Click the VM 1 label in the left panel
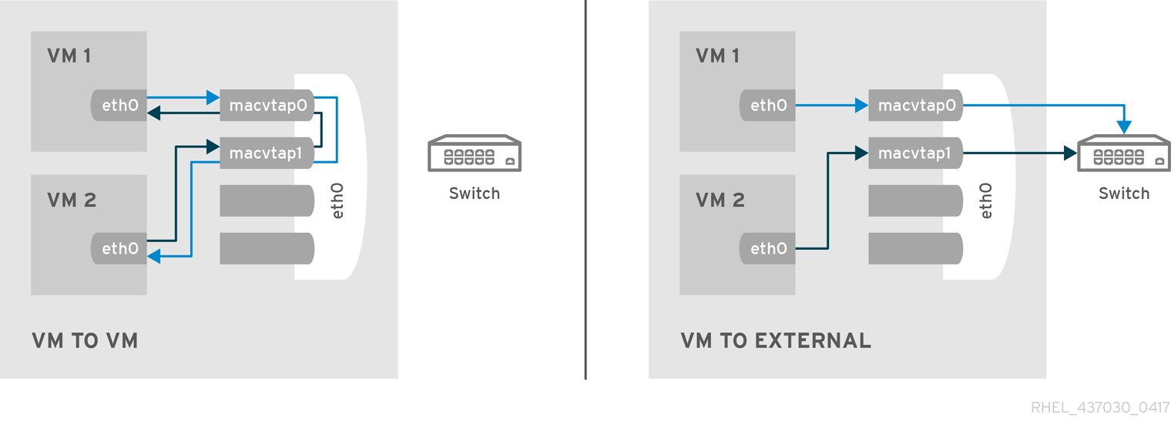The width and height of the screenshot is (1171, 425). click(69, 56)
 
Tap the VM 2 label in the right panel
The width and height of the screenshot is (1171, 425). click(720, 201)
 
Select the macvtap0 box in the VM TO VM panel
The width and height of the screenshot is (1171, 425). click(267, 106)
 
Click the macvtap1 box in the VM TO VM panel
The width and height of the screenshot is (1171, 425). click(267, 153)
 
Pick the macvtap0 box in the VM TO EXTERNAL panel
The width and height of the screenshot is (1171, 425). click(915, 106)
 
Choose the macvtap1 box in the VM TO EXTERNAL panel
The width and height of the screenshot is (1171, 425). click(915, 153)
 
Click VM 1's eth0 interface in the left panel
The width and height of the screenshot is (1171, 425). click(119, 106)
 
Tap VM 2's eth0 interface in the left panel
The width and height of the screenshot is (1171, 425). click(119, 248)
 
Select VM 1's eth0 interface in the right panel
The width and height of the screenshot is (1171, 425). click(767, 106)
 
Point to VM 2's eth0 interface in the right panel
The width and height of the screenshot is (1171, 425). click(767, 248)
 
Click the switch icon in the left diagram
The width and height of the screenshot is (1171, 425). click(475, 153)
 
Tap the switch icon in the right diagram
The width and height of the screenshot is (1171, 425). click(1124, 153)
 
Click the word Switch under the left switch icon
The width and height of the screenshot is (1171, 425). click(475, 194)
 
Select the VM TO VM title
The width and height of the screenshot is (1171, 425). click(85, 341)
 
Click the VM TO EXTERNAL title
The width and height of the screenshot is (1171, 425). click(776, 341)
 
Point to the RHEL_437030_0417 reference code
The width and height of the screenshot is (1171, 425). click(1100, 408)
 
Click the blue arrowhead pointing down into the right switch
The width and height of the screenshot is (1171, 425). click(1125, 126)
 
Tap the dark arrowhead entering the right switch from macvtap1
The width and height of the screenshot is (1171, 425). click(1069, 153)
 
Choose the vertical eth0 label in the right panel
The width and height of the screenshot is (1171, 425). click(986, 201)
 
